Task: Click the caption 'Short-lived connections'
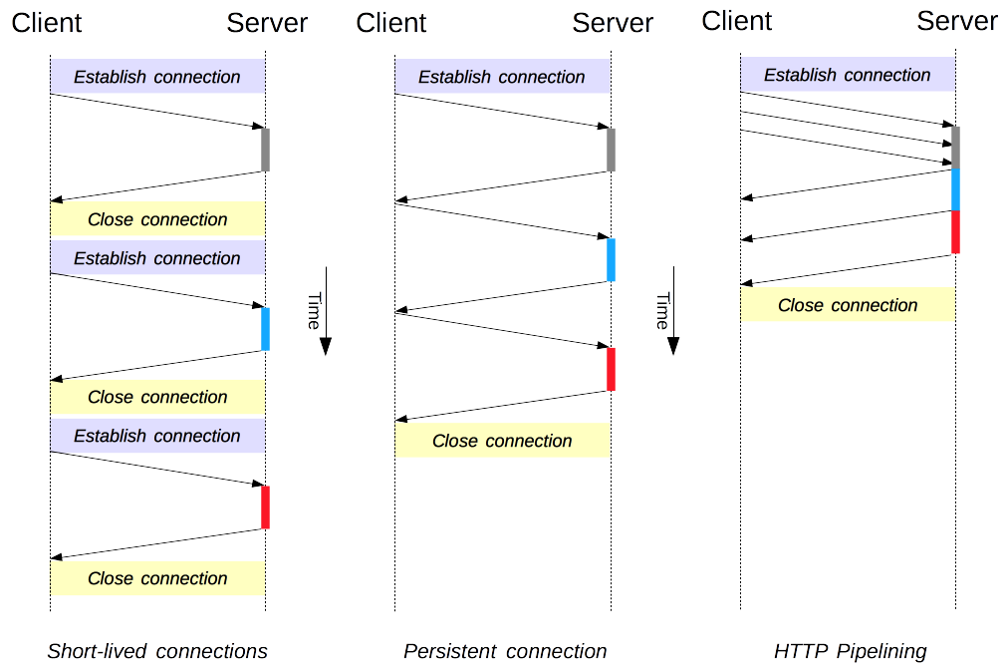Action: [x=157, y=651]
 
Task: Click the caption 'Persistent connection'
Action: [x=505, y=651]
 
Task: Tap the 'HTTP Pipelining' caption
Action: [x=851, y=651]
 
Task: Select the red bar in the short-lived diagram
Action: [x=265, y=507]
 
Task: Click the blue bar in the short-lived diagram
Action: [x=265, y=329]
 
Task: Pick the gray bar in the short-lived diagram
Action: [x=265, y=150]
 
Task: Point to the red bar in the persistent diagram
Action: [x=611, y=370]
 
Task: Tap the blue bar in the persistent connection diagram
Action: [x=611, y=260]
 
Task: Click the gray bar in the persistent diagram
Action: [x=611, y=150]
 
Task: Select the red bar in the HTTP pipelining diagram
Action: [x=955, y=231]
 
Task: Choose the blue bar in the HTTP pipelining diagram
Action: [x=955, y=189]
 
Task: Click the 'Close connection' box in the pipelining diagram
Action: [x=848, y=304]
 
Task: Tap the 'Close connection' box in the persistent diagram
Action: [x=502, y=441]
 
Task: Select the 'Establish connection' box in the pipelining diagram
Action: [x=848, y=74]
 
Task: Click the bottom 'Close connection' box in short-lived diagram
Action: [x=157, y=578]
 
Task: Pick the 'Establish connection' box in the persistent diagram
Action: [x=502, y=76]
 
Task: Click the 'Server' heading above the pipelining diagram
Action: [x=957, y=21]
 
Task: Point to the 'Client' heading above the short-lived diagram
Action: [x=46, y=23]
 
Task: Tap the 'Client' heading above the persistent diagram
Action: [x=390, y=23]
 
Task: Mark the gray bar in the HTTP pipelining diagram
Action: [x=955, y=148]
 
